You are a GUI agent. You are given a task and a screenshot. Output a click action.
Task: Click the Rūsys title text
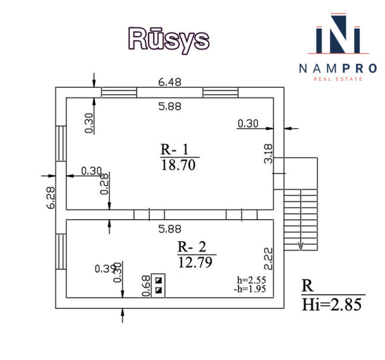click(169, 40)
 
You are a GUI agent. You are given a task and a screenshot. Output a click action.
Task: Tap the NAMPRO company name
click(338, 68)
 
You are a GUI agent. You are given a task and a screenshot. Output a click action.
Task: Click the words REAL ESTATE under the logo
click(338, 79)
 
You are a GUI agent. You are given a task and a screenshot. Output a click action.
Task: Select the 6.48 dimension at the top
click(169, 82)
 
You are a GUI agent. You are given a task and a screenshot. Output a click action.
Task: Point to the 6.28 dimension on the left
click(51, 198)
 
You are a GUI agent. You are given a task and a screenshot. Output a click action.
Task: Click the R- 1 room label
click(174, 149)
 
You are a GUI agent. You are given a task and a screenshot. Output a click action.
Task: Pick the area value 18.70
click(178, 165)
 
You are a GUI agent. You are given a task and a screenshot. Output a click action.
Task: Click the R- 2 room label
click(192, 247)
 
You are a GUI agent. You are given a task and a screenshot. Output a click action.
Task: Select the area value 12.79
click(195, 262)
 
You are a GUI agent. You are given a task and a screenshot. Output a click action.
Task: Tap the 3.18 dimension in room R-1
click(269, 153)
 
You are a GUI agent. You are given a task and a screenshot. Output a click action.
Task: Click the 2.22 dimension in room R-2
click(269, 259)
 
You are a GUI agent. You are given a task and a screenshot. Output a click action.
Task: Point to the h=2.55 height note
click(252, 280)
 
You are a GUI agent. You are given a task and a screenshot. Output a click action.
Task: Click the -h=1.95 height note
click(250, 289)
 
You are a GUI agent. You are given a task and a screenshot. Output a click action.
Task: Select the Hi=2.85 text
click(332, 304)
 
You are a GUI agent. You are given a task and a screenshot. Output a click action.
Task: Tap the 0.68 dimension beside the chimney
click(146, 285)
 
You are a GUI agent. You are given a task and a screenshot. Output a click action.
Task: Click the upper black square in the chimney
click(159, 280)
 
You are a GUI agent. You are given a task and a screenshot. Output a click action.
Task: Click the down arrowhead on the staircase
click(301, 246)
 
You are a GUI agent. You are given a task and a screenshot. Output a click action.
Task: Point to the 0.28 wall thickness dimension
click(104, 184)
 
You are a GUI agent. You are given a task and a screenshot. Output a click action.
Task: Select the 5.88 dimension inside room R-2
click(169, 229)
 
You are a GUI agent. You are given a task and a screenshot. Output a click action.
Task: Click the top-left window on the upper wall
click(119, 92)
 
